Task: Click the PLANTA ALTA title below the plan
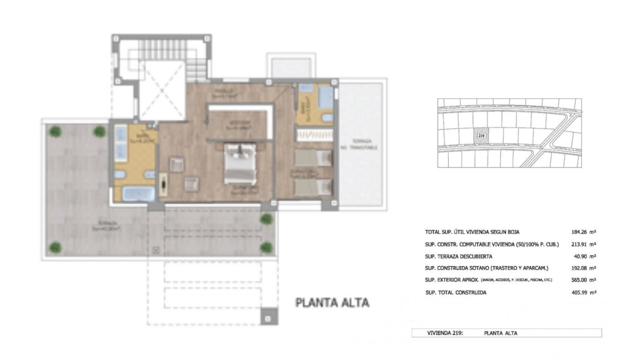(332, 303)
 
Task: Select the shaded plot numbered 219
(481, 136)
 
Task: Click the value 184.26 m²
(584, 232)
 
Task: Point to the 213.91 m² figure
(584, 244)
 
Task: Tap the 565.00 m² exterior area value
(584, 280)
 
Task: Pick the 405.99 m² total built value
(584, 292)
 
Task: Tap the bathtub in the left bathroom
(138, 194)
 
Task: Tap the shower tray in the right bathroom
(324, 97)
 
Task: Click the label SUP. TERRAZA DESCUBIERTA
(459, 256)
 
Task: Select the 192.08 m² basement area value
(584, 268)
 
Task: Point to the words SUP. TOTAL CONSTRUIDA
(455, 292)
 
